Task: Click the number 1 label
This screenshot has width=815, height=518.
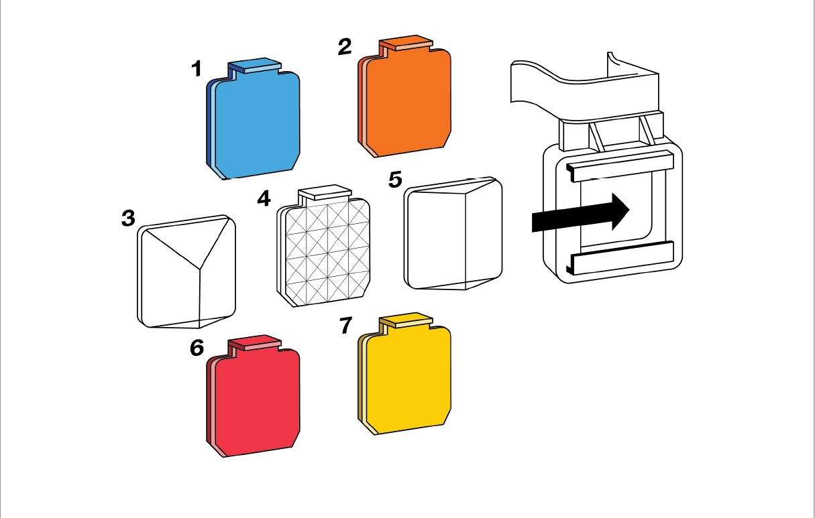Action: click(197, 68)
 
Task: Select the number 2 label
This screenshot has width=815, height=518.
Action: click(344, 46)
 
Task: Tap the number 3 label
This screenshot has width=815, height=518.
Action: click(128, 218)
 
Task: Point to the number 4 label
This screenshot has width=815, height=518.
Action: click(264, 198)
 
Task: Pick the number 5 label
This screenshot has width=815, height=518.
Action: click(395, 179)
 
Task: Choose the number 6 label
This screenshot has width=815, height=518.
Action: click(197, 348)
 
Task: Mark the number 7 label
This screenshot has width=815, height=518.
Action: click(345, 326)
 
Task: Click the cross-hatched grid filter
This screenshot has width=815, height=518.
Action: click(325, 251)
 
